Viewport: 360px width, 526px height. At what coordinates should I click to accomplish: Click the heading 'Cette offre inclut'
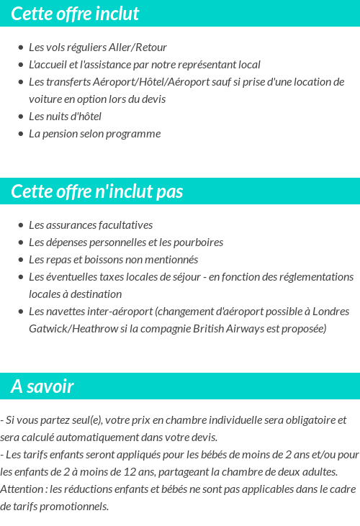coord(75,14)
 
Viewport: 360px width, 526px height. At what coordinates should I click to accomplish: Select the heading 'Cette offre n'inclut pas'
coord(97,191)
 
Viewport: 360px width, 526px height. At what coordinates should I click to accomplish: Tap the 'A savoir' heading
coord(42,386)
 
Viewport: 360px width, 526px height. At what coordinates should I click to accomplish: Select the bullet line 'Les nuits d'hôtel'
coord(65,117)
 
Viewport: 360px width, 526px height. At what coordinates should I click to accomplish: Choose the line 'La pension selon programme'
coord(94,134)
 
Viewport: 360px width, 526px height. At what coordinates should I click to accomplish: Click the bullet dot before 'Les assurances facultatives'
coord(20,225)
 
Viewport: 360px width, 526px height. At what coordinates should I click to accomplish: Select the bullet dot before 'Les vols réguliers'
coord(20,47)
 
